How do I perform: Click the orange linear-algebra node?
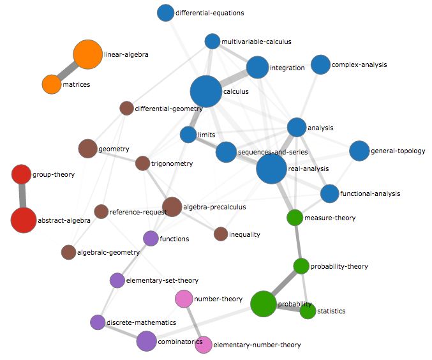tap(87, 54)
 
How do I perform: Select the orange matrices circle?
tap(52, 84)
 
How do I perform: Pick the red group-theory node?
tap(21, 174)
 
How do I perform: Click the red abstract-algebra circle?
tap(23, 220)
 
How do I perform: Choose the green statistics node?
tap(308, 311)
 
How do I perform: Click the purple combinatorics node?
tap(146, 341)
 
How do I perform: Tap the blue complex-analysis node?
tap(320, 64)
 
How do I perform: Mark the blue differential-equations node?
tap(165, 12)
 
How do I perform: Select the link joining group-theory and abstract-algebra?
tap(22, 197)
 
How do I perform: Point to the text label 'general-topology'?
tap(396, 151)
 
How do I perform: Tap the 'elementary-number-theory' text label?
tap(257, 345)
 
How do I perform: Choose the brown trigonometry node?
tap(142, 163)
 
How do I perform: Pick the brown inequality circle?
tap(221, 234)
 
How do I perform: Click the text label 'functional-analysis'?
tap(371, 193)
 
